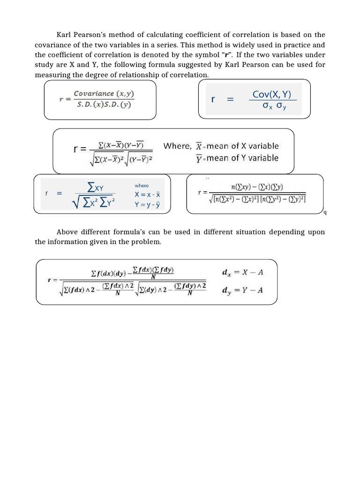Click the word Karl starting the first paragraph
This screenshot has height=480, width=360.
point(64,35)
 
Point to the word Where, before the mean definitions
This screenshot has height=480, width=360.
point(177,146)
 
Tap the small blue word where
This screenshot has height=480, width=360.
point(141,186)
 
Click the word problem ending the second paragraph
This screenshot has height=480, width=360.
point(147,242)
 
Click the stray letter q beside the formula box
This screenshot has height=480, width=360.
point(325,213)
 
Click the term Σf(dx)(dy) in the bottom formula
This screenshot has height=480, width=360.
point(109,273)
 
